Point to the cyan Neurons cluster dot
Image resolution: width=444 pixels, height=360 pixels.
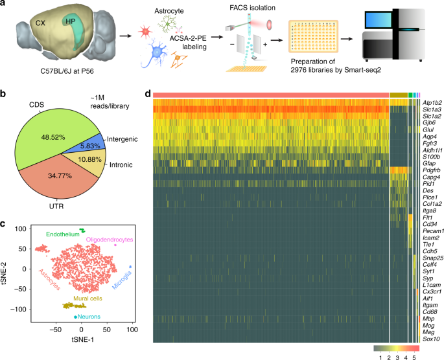click(76, 317)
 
